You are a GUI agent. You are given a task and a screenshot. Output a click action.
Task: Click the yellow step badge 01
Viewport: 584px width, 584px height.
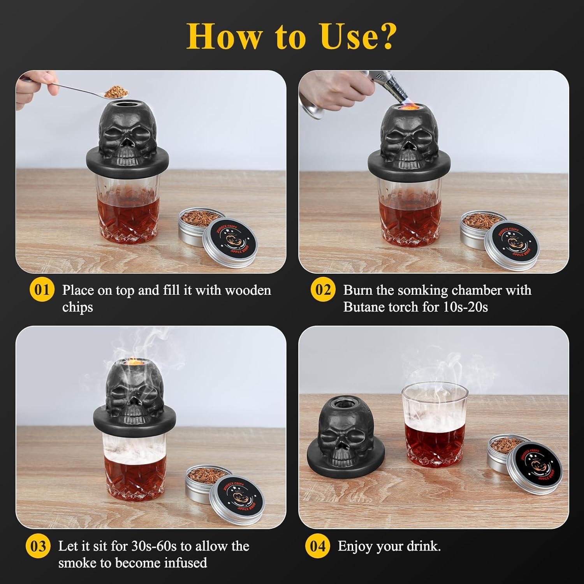click(42, 291)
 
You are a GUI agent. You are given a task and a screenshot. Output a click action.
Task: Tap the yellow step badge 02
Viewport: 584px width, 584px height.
click(323, 291)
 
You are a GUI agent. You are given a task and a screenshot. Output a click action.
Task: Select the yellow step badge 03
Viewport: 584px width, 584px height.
click(38, 546)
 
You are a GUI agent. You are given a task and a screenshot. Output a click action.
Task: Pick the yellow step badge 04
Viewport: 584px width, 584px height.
click(318, 546)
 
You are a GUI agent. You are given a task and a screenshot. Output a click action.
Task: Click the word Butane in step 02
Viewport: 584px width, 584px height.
click(362, 307)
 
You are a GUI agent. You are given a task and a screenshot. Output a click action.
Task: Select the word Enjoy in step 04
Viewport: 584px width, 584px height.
click(354, 547)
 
